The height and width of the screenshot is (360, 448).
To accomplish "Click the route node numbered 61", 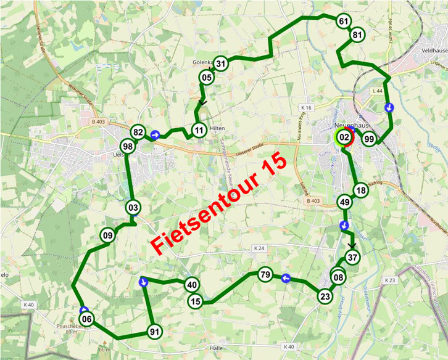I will (344, 21).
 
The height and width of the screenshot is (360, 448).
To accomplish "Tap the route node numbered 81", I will (357, 35).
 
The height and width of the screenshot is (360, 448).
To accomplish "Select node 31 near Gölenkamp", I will (222, 62).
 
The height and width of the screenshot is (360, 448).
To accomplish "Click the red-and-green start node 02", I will (344, 138).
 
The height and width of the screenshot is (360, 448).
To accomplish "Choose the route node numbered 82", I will (138, 133).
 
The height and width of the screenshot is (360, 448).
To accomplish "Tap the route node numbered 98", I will (128, 147).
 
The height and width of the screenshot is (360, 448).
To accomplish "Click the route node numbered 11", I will (198, 131).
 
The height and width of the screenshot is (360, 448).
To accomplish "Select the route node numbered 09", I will (108, 234).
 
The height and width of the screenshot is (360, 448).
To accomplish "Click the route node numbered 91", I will (155, 332).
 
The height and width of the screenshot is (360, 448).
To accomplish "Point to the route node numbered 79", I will (265, 274).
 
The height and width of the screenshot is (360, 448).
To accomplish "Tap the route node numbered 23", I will (325, 297).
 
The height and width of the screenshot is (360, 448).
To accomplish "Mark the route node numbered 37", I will (352, 257).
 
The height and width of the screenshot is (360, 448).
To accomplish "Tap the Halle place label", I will (217, 348).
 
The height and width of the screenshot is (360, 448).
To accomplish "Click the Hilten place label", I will (217, 128).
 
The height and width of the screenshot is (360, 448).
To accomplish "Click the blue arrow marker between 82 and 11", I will (156, 134).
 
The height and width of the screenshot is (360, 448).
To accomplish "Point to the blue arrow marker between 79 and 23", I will (286, 279).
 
